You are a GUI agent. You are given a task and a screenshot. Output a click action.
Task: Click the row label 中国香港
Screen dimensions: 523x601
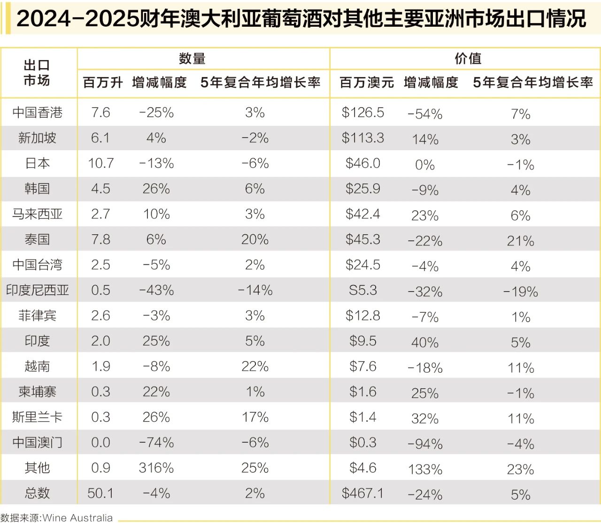click(37, 113)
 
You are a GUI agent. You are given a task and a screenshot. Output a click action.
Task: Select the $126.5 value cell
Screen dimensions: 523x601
click(362, 113)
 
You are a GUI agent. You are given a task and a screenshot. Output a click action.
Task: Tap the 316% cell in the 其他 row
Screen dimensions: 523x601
click(156, 468)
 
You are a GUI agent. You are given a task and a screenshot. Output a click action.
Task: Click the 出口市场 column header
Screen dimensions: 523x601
click(37, 73)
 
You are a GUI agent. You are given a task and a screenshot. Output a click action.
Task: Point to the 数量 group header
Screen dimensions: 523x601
click(192, 59)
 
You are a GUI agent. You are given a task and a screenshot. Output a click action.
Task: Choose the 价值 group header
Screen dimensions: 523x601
click(468, 59)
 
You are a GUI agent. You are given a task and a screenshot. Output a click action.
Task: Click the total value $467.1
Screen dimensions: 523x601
click(362, 493)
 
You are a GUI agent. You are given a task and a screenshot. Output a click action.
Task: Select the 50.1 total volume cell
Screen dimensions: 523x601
click(100, 493)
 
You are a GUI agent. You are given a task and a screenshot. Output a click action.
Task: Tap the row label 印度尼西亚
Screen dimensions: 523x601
click(37, 290)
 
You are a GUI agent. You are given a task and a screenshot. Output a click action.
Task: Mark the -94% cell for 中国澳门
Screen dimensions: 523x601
click(425, 444)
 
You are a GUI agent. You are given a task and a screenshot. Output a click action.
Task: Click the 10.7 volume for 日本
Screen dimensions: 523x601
click(100, 163)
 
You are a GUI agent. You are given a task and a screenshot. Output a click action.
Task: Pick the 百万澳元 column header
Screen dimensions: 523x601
click(367, 83)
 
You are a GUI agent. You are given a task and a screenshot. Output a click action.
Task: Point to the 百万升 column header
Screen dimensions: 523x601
click(103, 83)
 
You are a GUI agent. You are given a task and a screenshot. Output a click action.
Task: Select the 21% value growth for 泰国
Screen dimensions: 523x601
click(520, 241)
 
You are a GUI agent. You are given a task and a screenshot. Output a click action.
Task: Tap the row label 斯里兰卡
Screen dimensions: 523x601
click(37, 417)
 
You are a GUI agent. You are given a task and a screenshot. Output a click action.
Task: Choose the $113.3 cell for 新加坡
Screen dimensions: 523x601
click(362, 138)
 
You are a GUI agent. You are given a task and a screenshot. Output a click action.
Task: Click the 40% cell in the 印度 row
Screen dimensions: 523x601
click(424, 342)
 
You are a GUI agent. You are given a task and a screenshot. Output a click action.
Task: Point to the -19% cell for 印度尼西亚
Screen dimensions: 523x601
click(520, 292)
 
